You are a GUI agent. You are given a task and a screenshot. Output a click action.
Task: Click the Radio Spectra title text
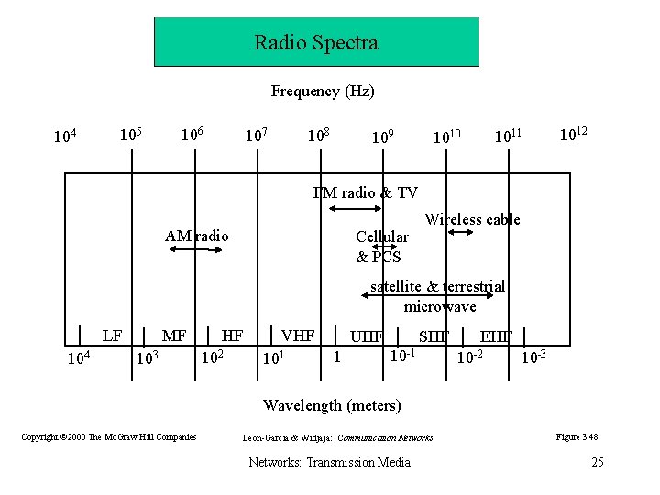[x=316, y=42]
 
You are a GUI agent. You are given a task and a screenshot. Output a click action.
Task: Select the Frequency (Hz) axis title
[x=323, y=91]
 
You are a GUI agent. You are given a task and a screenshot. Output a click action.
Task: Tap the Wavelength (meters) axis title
[x=332, y=404]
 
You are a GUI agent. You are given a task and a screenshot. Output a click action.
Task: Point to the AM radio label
[x=197, y=236]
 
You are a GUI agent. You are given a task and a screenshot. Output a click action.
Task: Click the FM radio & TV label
[x=365, y=192]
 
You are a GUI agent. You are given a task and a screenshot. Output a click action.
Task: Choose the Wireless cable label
[x=472, y=219]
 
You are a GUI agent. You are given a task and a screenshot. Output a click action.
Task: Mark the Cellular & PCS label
[x=381, y=247]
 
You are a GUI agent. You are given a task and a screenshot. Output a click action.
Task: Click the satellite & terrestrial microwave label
[x=438, y=296]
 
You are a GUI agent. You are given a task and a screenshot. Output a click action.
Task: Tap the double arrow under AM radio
[x=196, y=249]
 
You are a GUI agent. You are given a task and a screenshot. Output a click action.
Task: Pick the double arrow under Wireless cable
[x=460, y=233]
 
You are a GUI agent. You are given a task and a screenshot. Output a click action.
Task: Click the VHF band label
[x=297, y=335]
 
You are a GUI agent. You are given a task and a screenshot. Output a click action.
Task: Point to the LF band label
[x=112, y=335]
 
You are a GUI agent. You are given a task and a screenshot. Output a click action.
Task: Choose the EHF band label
[x=496, y=335]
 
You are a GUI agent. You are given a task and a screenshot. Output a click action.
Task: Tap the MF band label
[x=174, y=335]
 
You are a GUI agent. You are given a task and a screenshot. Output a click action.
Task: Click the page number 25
[x=597, y=461]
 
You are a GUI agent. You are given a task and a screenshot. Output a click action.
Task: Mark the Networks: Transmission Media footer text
[x=330, y=461]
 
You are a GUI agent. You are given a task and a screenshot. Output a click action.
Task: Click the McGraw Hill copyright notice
[x=109, y=437]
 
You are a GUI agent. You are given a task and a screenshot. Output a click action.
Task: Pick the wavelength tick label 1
[x=337, y=356]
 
